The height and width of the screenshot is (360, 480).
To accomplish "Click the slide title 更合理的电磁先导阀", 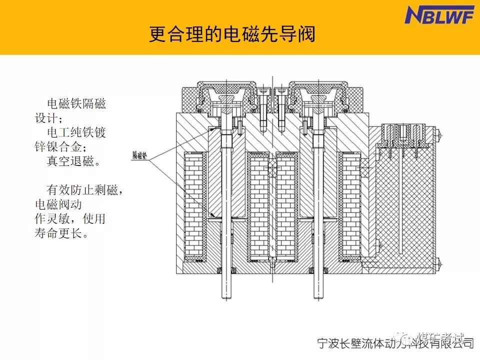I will [x=232, y=35].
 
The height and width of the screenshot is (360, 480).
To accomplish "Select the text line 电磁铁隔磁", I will [x=76, y=104].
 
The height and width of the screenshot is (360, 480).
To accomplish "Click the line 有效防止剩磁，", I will [x=85, y=190].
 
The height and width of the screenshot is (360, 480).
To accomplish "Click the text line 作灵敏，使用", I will [x=69, y=219].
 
